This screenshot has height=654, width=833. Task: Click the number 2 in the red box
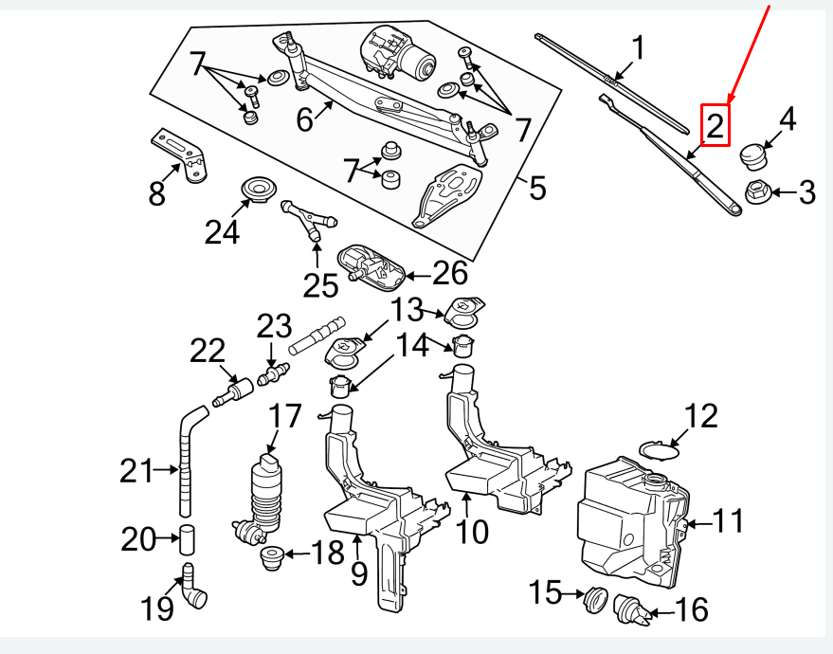tap(715, 125)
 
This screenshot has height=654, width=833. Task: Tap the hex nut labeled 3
tap(757, 191)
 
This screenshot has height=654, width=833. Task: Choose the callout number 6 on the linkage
tap(304, 120)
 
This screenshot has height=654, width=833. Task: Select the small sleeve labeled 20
tap(187, 540)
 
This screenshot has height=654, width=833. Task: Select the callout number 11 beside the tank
tap(728, 520)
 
